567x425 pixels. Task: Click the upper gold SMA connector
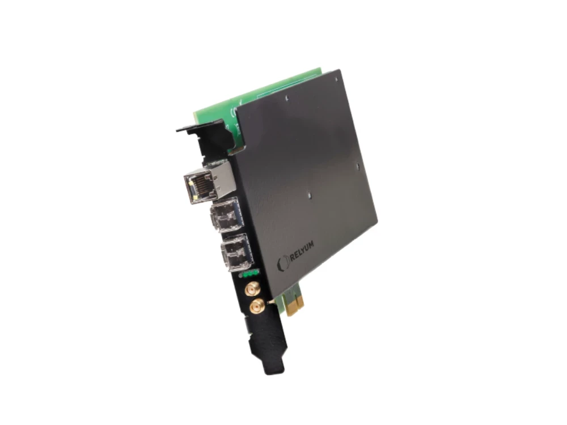pyautogui.click(x=249, y=290)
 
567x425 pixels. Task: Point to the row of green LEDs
pyautogui.click(x=249, y=274)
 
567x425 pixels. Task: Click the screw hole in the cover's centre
pyautogui.click(x=309, y=197)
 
